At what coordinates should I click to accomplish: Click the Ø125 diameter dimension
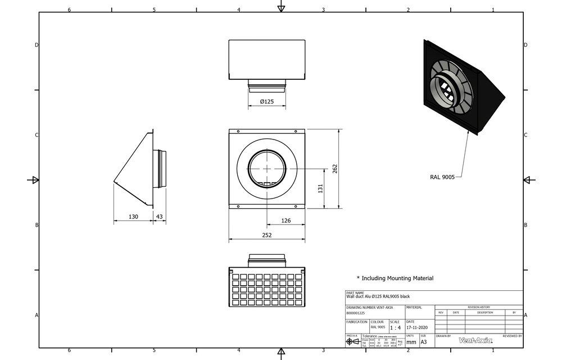pos(267,102)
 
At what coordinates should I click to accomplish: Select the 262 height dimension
pos(335,169)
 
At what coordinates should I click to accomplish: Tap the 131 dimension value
pos(320,188)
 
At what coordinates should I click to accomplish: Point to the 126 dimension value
pos(285,220)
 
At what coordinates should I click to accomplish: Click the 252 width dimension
pos(267,235)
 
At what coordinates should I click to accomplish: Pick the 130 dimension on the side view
pos(133,217)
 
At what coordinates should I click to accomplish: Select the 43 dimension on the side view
pos(160,217)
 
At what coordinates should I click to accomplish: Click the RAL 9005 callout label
pos(442,177)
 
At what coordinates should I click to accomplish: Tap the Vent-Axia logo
pos(475,340)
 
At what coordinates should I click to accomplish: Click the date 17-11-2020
pos(417,327)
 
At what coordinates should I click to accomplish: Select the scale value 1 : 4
pos(395,327)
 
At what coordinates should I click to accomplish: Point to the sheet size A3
pos(424,341)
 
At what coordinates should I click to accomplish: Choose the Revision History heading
pos(479,307)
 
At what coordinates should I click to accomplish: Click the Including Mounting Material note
pos(395,278)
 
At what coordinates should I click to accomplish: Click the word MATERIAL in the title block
pos(414,308)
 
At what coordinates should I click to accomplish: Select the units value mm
pos(411,341)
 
